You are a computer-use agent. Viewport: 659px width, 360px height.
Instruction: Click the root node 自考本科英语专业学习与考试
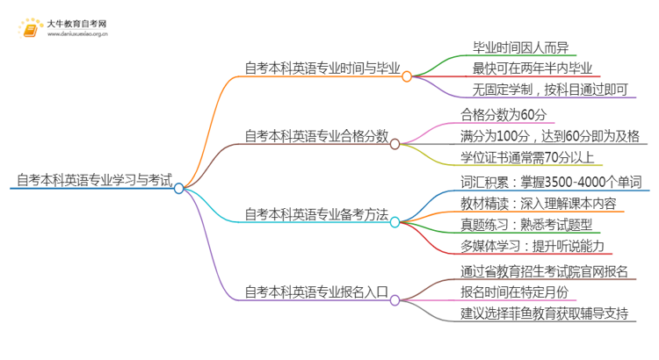92,180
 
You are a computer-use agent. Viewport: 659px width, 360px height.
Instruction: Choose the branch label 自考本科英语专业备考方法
316,214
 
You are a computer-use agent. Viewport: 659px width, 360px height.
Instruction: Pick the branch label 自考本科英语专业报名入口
316,292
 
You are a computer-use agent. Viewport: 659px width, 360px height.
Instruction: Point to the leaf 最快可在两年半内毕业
532,68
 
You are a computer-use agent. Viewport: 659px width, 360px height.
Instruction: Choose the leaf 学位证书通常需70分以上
527,158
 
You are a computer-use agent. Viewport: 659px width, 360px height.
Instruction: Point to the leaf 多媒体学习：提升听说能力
532,246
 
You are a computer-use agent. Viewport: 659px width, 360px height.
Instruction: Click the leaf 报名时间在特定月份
514,292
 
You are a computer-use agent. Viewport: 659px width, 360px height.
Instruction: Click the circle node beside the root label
179,188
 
